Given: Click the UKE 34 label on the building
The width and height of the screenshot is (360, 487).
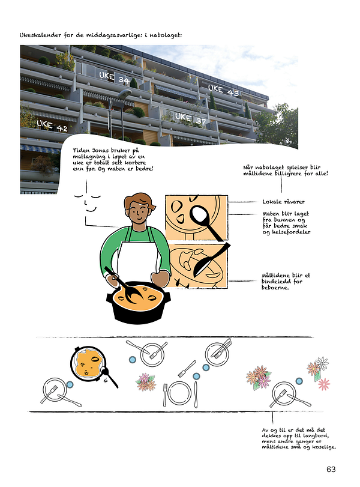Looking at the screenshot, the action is pos(114,77).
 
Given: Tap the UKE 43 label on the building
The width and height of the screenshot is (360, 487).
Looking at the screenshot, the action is pos(223,91).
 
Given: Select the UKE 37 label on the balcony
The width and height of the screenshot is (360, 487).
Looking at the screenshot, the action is pos(190,119).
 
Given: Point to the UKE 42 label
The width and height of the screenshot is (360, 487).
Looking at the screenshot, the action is pos(52,126).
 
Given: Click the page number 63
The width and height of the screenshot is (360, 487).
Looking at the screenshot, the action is pos(331,469).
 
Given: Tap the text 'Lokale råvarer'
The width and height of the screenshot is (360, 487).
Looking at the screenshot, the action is pos(283,202).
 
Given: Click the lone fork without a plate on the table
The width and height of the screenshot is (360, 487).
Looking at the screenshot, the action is pos(187,368).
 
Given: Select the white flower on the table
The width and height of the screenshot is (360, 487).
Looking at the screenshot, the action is pos(322,362).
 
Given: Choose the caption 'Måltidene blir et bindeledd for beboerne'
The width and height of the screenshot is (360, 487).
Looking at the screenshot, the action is pos(286,281).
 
